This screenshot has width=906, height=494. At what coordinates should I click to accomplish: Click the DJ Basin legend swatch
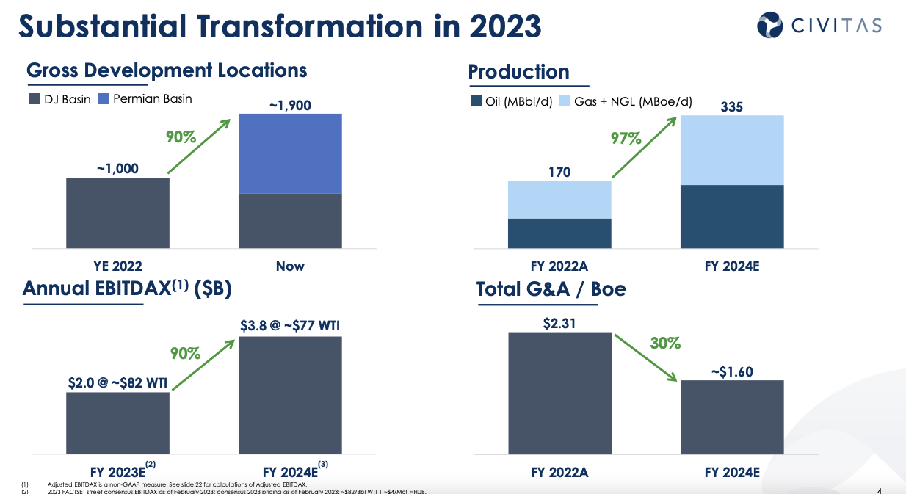tap(34, 99)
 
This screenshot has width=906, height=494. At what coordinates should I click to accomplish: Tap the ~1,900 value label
tap(290, 105)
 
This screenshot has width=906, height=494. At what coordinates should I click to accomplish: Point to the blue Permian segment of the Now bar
tap(290, 153)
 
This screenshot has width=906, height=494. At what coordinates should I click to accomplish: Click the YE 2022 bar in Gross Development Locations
tap(117, 212)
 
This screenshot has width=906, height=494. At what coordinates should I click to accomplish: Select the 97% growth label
tap(626, 138)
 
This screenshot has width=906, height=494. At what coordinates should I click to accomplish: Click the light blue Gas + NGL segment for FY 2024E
tap(732, 150)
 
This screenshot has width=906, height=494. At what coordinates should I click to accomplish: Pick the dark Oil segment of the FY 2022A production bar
tap(559, 233)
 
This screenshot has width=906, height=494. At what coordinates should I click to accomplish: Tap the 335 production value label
tap(732, 107)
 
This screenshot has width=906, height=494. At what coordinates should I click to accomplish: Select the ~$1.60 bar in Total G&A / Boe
tap(732, 418)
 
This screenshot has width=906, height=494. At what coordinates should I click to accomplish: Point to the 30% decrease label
tap(665, 343)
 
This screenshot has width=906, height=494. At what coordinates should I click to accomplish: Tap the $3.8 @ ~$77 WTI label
tap(290, 325)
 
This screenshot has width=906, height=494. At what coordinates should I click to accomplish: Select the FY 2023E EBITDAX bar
tap(117, 424)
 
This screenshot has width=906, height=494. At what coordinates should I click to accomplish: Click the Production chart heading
tap(518, 72)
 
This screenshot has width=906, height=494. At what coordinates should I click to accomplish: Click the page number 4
tap(880, 490)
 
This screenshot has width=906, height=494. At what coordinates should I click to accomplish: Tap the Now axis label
tap(290, 266)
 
